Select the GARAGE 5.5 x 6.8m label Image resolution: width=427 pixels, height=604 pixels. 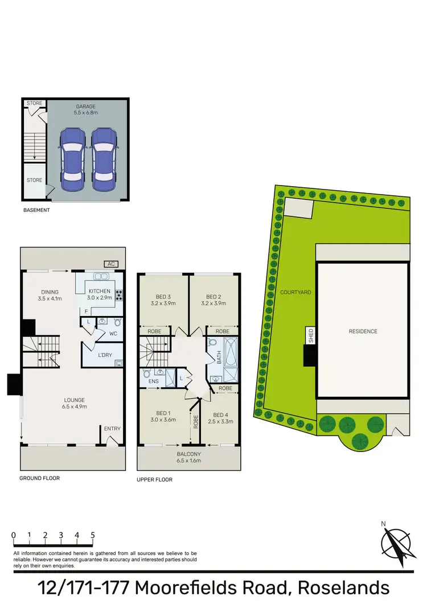point(86,110)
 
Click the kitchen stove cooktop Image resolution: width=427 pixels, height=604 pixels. point(120,295)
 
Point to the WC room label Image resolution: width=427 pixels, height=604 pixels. point(113,334)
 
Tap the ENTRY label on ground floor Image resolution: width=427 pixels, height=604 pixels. point(112,429)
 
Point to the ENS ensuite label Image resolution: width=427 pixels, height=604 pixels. point(153,381)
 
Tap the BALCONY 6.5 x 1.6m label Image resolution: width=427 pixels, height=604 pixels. point(188,457)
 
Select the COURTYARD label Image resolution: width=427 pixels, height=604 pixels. point(295,292)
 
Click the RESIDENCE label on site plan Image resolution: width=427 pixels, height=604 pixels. point(363,331)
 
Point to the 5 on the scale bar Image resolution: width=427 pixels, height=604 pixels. point(92,536)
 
